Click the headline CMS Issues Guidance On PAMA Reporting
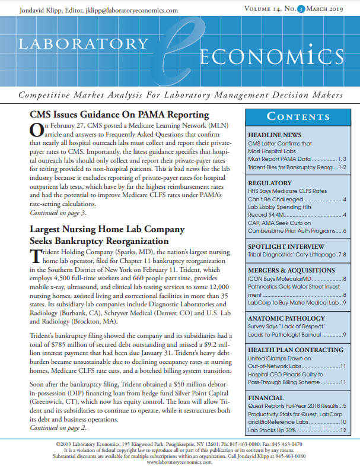[x=119, y=115]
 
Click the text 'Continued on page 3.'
[x=58, y=213]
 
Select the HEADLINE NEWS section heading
[x=275, y=135]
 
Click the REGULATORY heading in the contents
[x=270, y=183]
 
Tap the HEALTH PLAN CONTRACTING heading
[x=295, y=350]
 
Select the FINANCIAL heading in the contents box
[x=266, y=397]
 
